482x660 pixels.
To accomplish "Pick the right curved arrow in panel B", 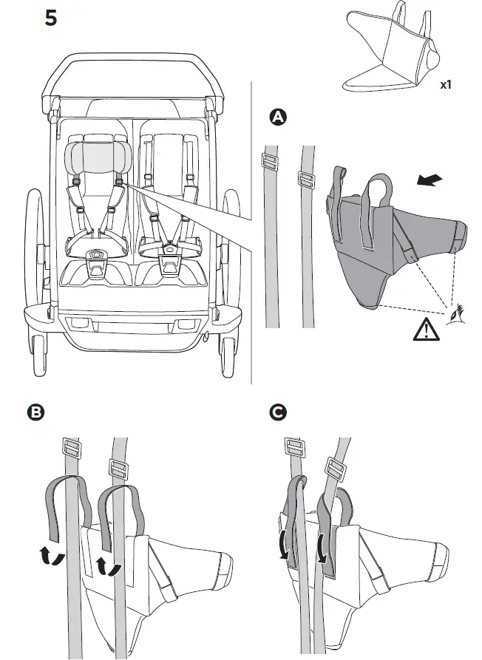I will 106,565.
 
